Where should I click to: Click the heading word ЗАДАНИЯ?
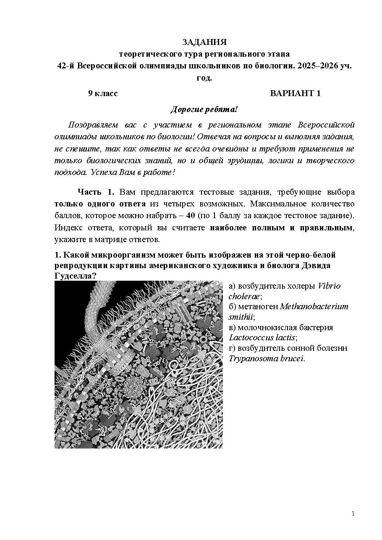tap(204, 42)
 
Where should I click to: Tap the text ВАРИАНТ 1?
tap(295, 93)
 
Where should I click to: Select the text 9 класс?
tap(103, 93)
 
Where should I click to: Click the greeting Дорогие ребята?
tap(204, 110)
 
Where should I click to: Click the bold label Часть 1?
tap(96, 192)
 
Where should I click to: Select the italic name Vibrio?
tap(329, 286)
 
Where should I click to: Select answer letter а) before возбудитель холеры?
tap(232, 286)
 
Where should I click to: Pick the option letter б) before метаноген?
tap(232, 306)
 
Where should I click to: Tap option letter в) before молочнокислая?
tap(232, 327)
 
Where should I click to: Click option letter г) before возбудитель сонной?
tap(232, 348)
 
